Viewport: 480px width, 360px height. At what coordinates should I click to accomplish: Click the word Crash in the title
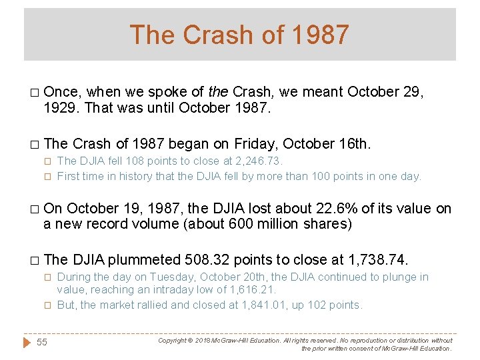click(x=213, y=35)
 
